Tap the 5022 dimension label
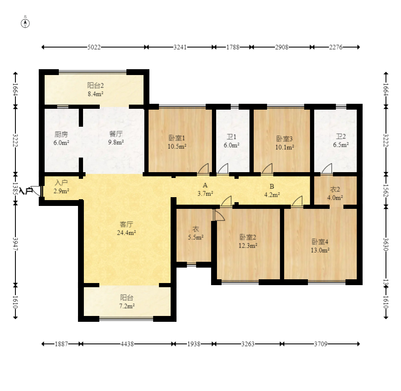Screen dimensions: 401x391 pyautogui.click(x=94, y=47)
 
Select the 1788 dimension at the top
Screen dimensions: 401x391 pyautogui.click(x=233, y=47)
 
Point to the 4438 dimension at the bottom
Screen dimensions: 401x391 pyautogui.click(x=127, y=344)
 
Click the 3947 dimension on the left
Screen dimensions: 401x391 pyautogui.click(x=15, y=244)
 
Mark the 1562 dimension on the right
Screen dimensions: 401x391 pyautogui.click(x=386, y=191)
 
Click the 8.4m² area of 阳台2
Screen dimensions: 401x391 pyautogui.click(x=96, y=94)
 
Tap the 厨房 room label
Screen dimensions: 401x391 pyautogui.click(x=61, y=134)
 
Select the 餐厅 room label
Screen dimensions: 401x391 pyautogui.click(x=116, y=134)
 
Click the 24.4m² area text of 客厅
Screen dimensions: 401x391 pyautogui.click(x=126, y=233)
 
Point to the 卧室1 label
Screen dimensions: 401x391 pyautogui.click(x=177, y=138)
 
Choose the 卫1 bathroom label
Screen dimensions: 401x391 pyautogui.click(x=232, y=137)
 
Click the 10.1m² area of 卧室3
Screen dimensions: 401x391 pyautogui.click(x=285, y=147)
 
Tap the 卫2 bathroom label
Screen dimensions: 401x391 pyautogui.click(x=340, y=136)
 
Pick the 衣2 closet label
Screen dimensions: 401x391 pyautogui.click(x=335, y=189)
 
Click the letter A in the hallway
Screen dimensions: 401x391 pyautogui.click(x=205, y=185)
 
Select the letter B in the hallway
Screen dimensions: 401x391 pyautogui.click(x=272, y=186)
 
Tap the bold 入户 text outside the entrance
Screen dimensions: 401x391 pyautogui.click(x=25, y=191)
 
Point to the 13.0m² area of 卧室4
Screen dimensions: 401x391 pyautogui.click(x=320, y=250)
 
